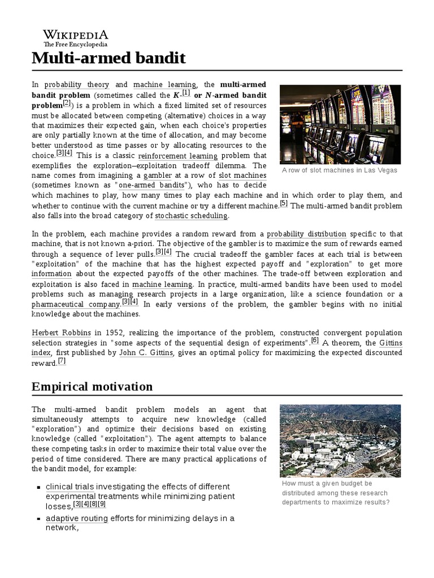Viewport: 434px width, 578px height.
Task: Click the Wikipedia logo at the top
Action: coord(76,38)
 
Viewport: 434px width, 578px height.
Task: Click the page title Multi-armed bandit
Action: coord(108,59)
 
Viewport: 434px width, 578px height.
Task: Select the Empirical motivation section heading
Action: coord(92,386)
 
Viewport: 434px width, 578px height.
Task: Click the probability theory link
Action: coord(77,85)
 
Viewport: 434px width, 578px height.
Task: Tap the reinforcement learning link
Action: coord(177,156)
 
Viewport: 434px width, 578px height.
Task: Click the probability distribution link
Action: coord(307,234)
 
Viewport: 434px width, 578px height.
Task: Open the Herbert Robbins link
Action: coord(57,333)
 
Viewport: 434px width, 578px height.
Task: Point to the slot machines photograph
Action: coord(340,124)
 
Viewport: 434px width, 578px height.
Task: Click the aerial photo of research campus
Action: coord(340,440)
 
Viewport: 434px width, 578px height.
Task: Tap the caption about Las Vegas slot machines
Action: coord(340,170)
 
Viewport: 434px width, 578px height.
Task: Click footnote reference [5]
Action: coord(284,204)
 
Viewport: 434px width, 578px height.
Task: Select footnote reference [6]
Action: coord(315,340)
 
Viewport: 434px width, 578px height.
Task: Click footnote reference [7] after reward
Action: coord(62,361)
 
